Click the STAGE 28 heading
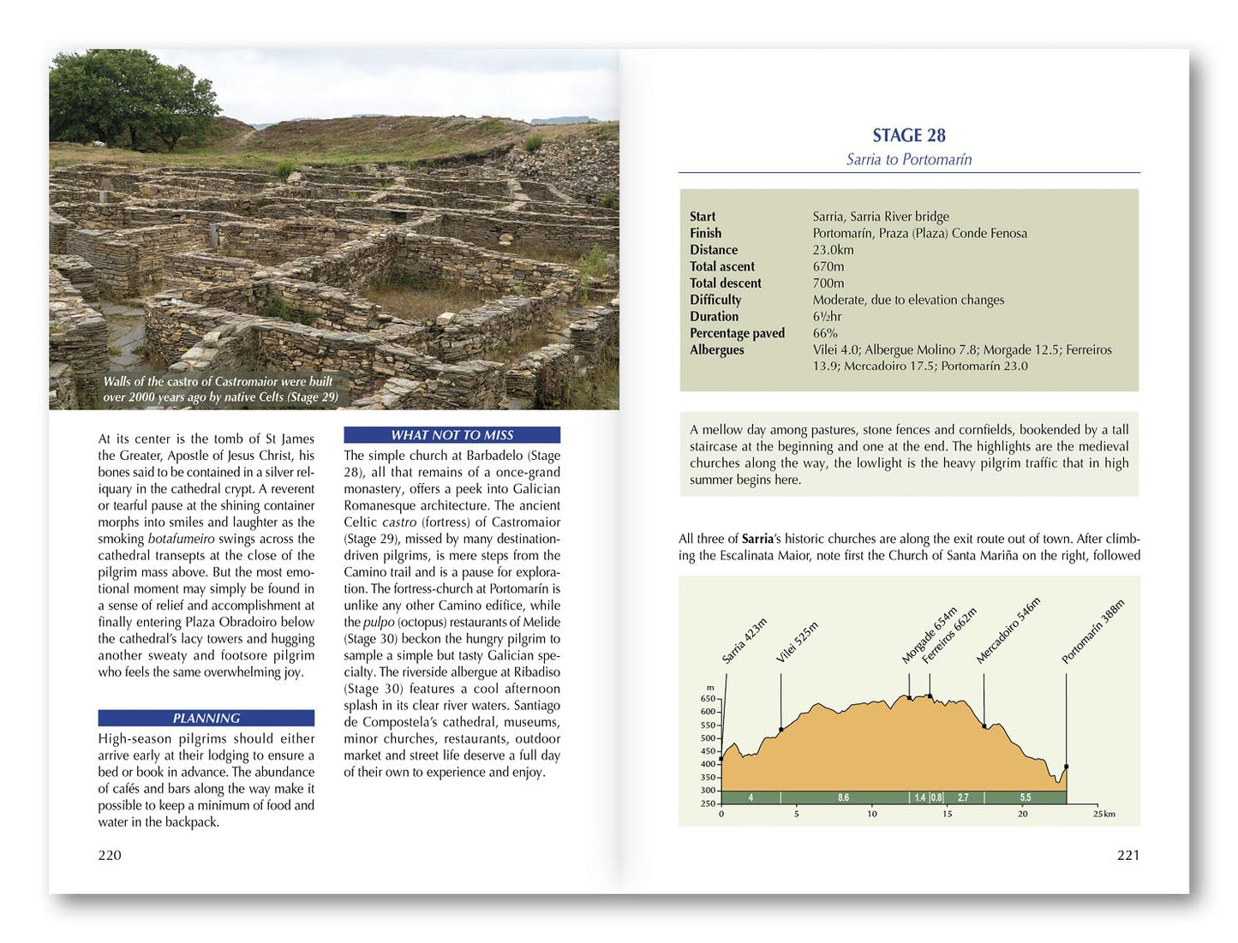click(908, 135)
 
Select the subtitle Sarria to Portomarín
click(908, 159)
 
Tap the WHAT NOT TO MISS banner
click(452, 435)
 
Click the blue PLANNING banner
click(206, 718)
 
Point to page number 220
click(110, 855)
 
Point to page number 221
click(1127, 855)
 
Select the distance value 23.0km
click(833, 250)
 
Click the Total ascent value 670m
click(828, 266)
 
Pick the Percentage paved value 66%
click(824, 333)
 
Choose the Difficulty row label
click(715, 300)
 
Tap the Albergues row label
click(717, 349)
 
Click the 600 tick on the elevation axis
click(708, 712)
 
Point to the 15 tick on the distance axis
click(947, 814)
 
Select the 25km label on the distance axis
click(1103, 814)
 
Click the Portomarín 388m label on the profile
click(1092, 632)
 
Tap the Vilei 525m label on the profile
click(797, 642)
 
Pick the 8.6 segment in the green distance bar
click(843, 797)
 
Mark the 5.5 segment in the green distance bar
click(1025, 797)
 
